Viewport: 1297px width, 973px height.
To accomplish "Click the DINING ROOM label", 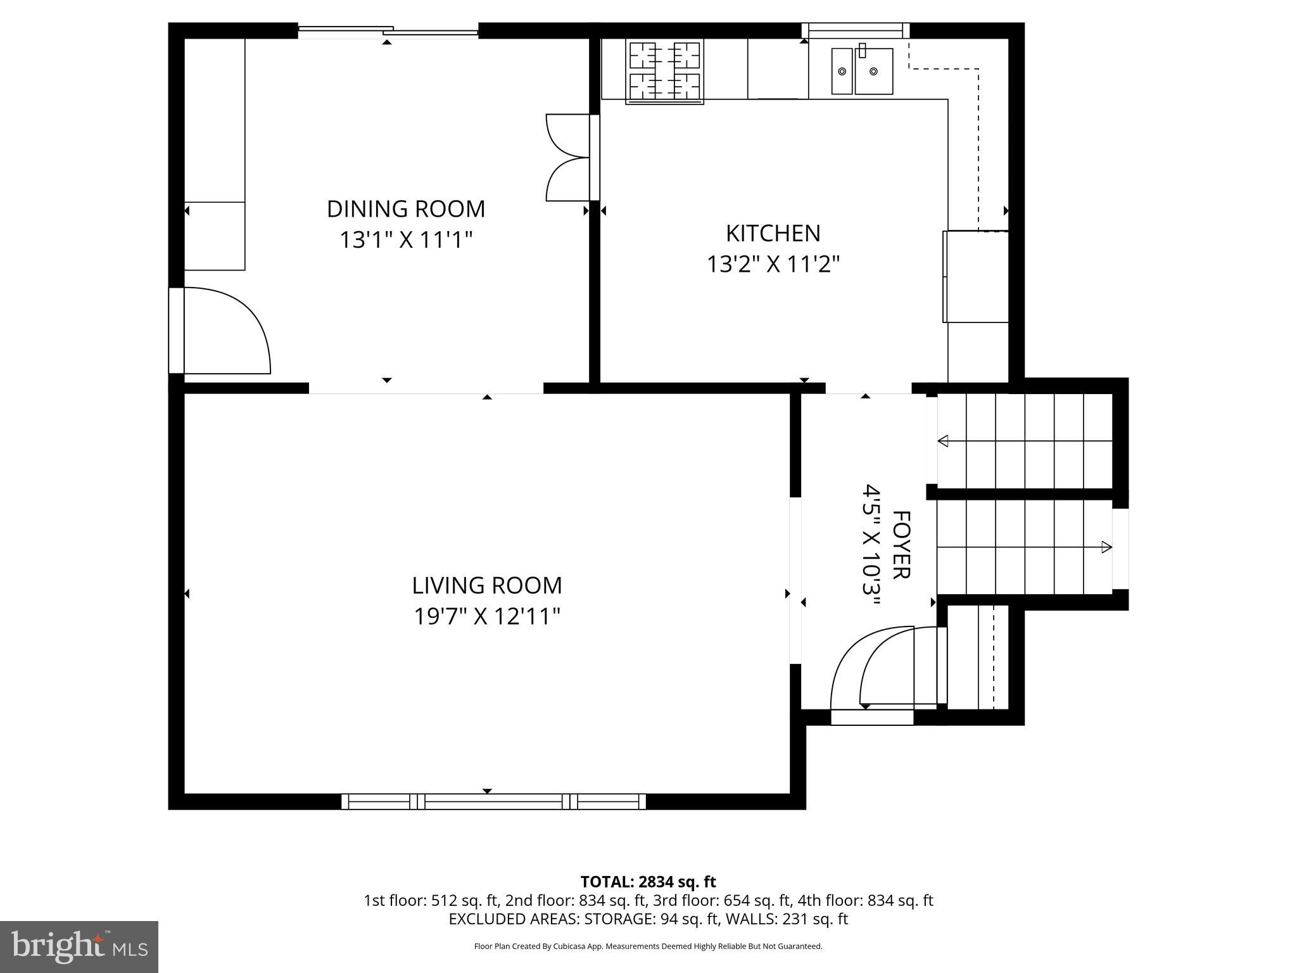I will pos(405,208).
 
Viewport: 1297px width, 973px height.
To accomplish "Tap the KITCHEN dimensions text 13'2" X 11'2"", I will pos(773,264).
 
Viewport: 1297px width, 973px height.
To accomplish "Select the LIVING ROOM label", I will pos(486,585).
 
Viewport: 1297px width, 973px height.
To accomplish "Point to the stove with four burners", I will pos(664,72).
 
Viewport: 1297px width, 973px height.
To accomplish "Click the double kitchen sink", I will pos(862,71).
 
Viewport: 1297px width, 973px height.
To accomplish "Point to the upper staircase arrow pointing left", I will pos(944,441).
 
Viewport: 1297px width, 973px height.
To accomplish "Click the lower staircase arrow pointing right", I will pos(1106,547).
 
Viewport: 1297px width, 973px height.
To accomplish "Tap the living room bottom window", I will pos(493,801).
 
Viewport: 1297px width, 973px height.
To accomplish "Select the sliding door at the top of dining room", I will pos(388,30).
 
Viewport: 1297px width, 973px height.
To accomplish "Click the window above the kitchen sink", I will pos(855,30).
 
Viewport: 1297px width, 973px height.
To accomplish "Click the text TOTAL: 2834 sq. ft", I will pos(648,882).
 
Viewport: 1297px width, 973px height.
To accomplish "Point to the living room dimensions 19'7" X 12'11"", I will pos(486,616).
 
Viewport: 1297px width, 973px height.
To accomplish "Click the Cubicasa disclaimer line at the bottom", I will pos(648,946).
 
